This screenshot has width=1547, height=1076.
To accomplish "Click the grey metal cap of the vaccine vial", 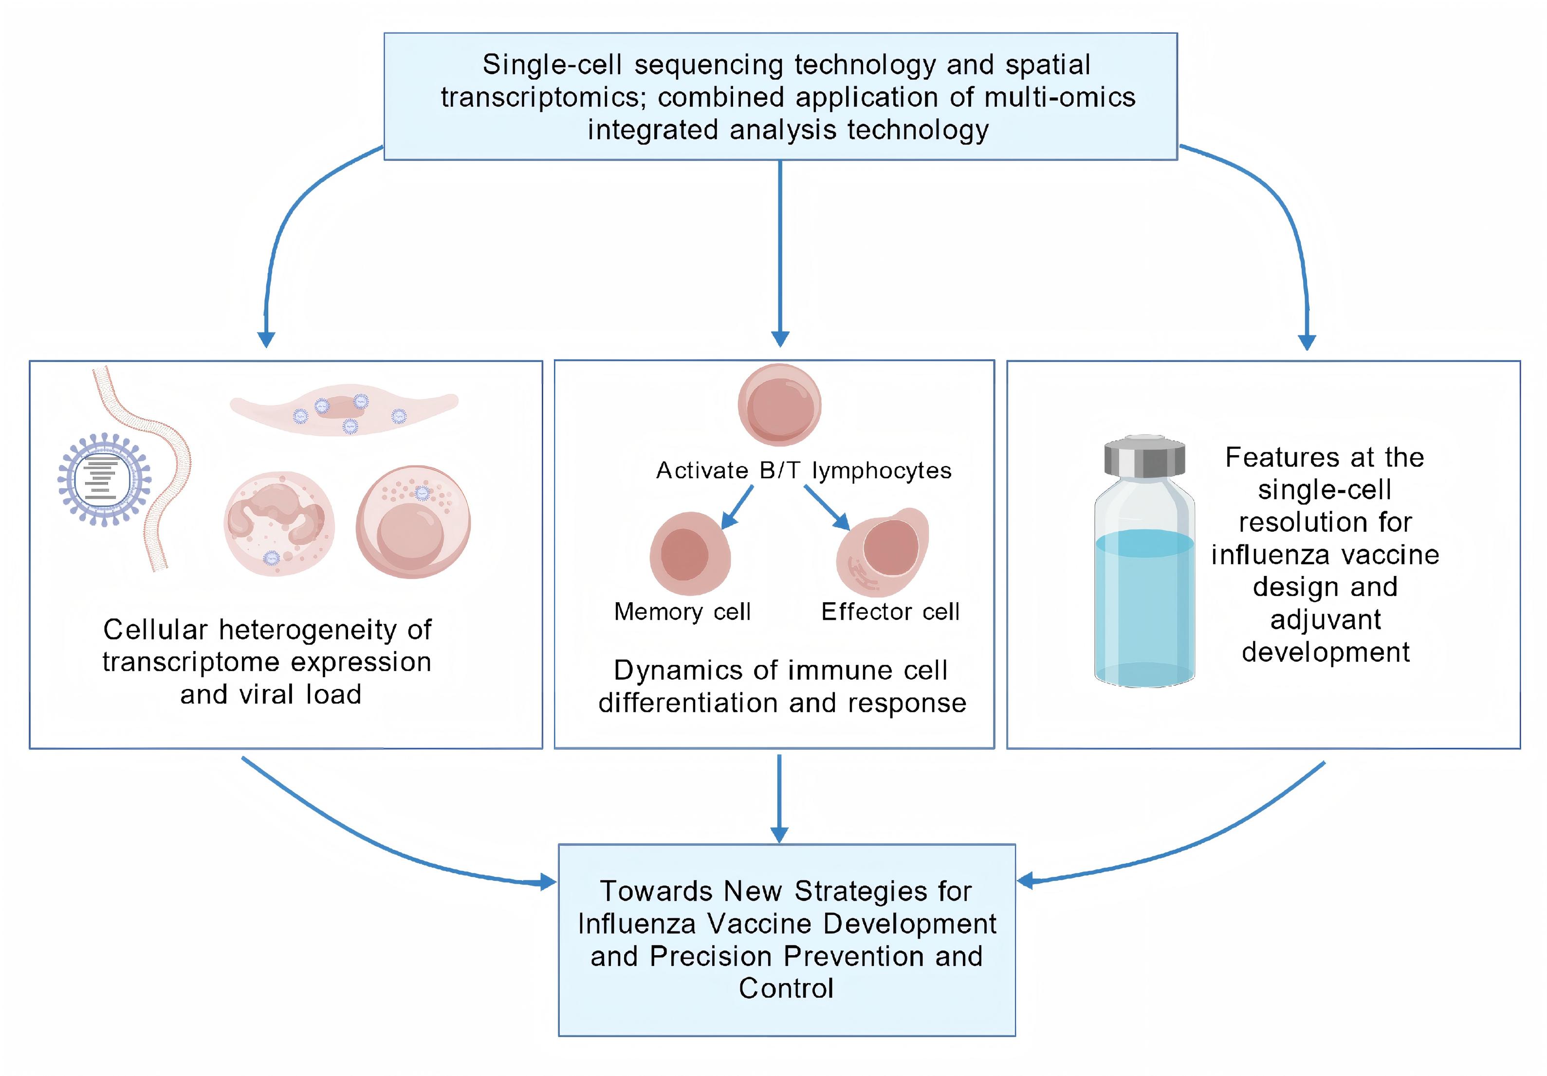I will [1145, 456].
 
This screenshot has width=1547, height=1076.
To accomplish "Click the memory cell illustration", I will [689, 553].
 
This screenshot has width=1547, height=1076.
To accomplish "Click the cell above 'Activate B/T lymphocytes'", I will [779, 405].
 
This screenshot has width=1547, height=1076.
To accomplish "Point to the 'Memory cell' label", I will [682, 612].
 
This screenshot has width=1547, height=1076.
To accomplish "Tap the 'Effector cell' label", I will [890, 612].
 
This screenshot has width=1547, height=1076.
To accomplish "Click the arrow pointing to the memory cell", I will [737, 507].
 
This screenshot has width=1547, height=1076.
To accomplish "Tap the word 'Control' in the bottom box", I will [786, 988].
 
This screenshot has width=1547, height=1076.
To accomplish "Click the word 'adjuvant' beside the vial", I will [1326, 620].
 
